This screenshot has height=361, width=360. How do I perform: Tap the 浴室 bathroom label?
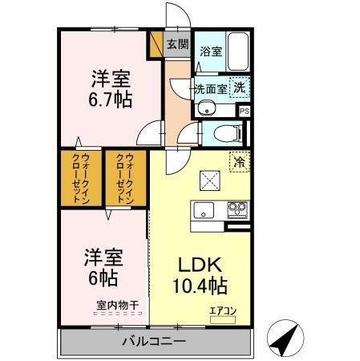pos(211,51)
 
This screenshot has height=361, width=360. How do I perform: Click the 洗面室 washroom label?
pos(211,87)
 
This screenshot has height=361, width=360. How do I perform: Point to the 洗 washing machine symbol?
pos(240,87)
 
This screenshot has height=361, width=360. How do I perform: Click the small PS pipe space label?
pos(245,111)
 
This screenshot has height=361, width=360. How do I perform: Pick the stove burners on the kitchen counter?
pos(237,211)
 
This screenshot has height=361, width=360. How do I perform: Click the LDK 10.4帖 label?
pos(200,274)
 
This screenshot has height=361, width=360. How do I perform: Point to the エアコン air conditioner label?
pos(224,310)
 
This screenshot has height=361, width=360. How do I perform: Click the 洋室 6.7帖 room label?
pos(111,89)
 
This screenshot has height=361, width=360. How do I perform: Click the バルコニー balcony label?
pos(154,342)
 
